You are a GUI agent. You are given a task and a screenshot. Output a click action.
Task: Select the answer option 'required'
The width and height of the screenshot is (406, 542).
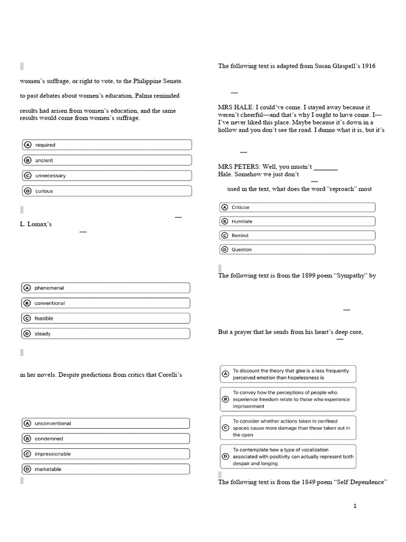[106, 145]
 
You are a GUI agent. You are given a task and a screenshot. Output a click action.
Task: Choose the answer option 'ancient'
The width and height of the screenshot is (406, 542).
[106, 160]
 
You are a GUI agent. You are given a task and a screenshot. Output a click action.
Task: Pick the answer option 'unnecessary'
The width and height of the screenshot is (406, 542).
[106, 176]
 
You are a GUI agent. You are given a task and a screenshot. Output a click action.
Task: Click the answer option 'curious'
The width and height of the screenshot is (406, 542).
[106, 191]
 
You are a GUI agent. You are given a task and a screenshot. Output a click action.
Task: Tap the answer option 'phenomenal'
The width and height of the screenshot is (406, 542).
[106, 288]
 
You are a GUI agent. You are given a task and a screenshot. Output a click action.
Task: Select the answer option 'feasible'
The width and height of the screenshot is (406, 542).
[106, 319]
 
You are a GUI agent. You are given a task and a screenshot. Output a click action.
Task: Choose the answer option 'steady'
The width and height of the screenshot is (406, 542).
[106, 334]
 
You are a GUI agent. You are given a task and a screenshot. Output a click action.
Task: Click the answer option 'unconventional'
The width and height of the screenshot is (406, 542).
[106, 423]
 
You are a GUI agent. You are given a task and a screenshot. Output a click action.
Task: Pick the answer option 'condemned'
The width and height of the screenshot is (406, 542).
[106, 439]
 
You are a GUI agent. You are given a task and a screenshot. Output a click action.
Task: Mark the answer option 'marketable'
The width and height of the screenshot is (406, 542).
[106, 469]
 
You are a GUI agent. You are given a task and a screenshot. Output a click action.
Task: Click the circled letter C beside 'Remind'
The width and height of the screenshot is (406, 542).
[225, 236]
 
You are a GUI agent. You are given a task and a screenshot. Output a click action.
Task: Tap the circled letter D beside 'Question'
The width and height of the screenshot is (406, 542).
[225, 250]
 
